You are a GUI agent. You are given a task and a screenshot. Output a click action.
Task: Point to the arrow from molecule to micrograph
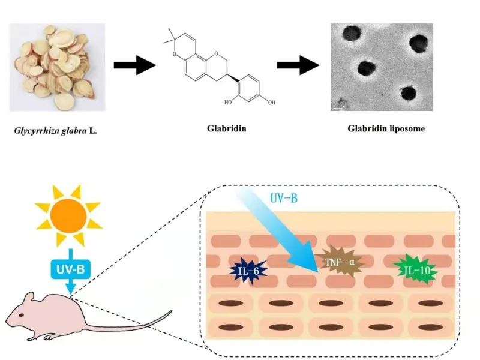[298, 64]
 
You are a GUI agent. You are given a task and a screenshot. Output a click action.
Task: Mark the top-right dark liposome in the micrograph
[419, 43]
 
